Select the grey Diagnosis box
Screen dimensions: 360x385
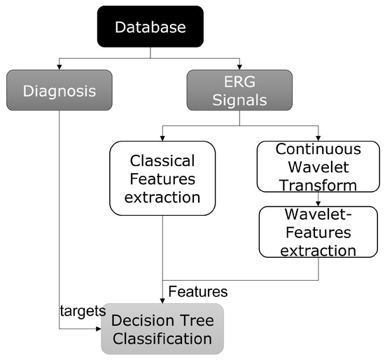pos(59,90)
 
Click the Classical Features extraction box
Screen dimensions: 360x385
pos(162,178)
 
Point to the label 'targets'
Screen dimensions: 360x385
pos(83,310)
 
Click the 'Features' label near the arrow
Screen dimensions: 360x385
pos(197,290)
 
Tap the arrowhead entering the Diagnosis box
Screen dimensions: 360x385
pos(59,67)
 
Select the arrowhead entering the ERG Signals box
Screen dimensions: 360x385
pos(239,67)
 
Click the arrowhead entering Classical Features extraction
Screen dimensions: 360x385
pos(162,139)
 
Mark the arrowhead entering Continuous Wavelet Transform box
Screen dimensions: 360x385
pos(318,139)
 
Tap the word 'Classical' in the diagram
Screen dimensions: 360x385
pos(162,160)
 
